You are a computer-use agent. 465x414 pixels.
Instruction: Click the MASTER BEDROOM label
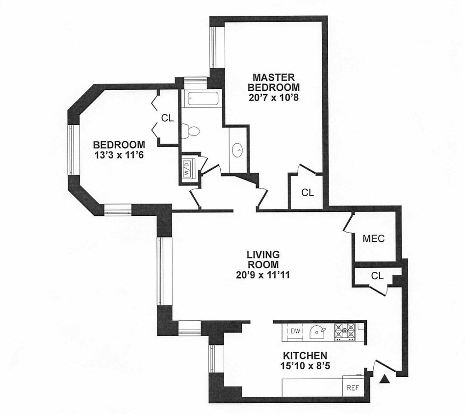click(x=274, y=82)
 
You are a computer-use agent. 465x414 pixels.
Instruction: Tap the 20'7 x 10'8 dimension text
click(x=274, y=97)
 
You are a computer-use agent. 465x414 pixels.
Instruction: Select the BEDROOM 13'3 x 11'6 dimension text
click(x=119, y=155)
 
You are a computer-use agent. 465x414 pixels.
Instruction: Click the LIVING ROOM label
click(x=263, y=259)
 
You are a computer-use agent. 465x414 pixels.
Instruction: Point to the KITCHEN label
click(x=305, y=355)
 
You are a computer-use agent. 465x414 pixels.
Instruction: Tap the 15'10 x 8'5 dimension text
click(x=305, y=365)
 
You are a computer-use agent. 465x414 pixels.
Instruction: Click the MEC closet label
click(x=373, y=238)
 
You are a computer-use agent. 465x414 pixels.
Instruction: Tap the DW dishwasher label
click(x=295, y=331)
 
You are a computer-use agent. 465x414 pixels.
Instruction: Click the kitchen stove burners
click(x=345, y=331)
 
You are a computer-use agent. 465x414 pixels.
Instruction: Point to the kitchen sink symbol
click(x=317, y=332)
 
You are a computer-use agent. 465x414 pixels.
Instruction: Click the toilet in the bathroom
click(x=190, y=131)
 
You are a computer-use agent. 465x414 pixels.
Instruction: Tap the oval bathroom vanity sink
click(x=238, y=150)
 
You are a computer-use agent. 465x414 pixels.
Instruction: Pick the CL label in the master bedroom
click(x=307, y=193)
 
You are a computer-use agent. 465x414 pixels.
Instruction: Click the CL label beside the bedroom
click(x=167, y=118)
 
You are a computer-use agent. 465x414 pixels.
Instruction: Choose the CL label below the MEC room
click(x=377, y=276)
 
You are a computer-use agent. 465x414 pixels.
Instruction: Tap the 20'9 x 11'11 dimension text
click(x=263, y=275)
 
